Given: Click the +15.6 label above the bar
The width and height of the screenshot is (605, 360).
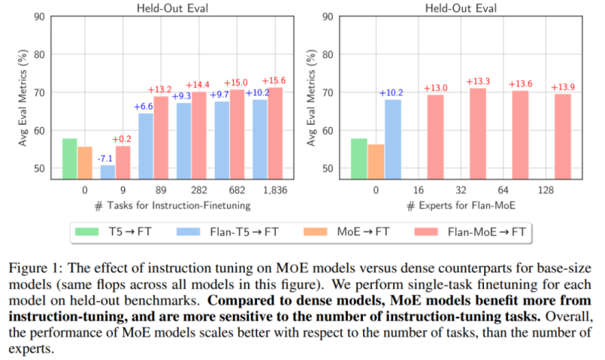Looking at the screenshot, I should [x=273, y=81].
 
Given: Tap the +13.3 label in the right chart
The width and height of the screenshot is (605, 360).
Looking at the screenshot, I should [x=479, y=81].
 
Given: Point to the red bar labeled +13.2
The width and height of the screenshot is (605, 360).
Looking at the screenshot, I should [x=161, y=136].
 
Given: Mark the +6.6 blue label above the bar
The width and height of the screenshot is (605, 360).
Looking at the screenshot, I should [x=144, y=107].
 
